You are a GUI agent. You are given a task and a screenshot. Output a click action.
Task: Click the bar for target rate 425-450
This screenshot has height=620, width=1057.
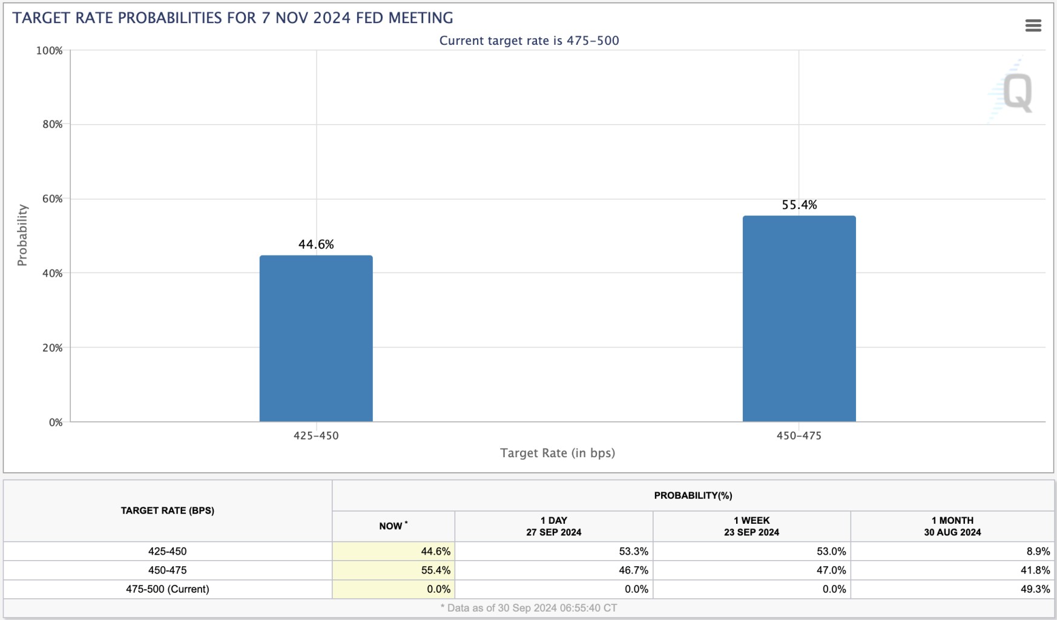pyautogui.click(x=316, y=338)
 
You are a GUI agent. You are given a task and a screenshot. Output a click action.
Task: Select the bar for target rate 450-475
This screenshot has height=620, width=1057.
pyautogui.click(x=799, y=318)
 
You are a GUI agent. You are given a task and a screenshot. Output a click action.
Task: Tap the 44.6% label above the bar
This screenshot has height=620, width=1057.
pyautogui.click(x=316, y=245)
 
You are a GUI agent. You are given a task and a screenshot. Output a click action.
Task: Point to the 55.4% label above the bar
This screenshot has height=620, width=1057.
pyautogui.click(x=799, y=205)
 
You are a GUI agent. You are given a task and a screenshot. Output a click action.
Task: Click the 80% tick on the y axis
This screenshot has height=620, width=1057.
pyautogui.click(x=53, y=125)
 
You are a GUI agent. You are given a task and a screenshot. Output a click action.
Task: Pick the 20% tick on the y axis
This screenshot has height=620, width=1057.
pyautogui.click(x=53, y=348)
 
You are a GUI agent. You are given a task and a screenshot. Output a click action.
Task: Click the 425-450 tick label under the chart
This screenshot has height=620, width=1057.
pyautogui.click(x=316, y=436)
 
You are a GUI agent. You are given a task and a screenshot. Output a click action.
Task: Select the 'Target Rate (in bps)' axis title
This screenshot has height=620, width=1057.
pyautogui.click(x=557, y=453)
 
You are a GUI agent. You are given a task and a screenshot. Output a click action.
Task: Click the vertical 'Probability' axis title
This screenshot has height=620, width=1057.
pyautogui.click(x=22, y=235)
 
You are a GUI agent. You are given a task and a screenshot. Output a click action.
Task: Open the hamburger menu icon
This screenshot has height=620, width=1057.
pyautogui.click(x=1033, y=25)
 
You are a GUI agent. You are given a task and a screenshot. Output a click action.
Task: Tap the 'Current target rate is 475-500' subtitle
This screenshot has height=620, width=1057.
pyautogui.click(x=529, y=41)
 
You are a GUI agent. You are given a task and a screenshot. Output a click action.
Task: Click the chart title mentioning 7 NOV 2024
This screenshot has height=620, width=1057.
pyautogui.click(x=232, y=18)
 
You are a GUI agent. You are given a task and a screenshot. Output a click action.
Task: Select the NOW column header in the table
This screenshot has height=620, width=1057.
pyautogui.click(x=393, y=526)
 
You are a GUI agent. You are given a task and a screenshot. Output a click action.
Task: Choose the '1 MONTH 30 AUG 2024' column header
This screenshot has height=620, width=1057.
pyautogui.click(x=952, y=526)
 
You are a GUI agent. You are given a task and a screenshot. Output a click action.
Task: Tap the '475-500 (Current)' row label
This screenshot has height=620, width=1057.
pyautogui.click(x=168, y=589)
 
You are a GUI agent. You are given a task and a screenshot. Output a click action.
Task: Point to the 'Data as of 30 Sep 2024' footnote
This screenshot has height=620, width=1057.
pyautogui.click(x=528, y=608)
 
